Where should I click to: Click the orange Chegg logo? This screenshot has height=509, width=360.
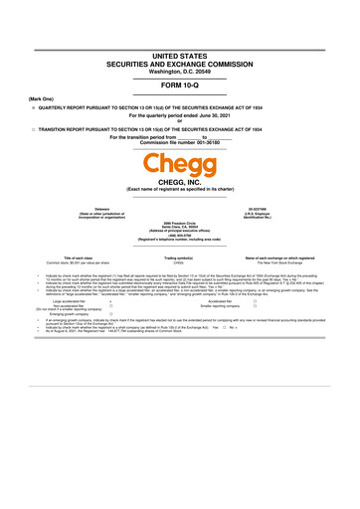[180, 163]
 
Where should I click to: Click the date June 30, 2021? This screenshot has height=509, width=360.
[208, 115]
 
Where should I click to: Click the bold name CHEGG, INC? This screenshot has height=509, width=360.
[180, 181]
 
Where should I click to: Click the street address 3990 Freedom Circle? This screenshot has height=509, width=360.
[180, 220]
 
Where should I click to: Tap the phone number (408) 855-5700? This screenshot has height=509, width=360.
[180, 235]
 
